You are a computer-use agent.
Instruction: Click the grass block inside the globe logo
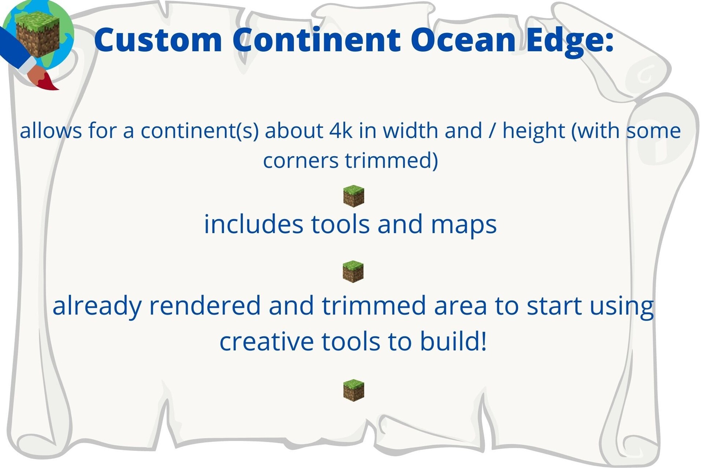38,34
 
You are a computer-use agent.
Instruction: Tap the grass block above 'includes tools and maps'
354,196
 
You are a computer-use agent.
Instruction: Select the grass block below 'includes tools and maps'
353,272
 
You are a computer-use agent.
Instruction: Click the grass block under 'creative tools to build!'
354,390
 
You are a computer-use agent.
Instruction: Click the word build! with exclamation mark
453,341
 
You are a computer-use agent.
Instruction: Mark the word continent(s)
200,131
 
